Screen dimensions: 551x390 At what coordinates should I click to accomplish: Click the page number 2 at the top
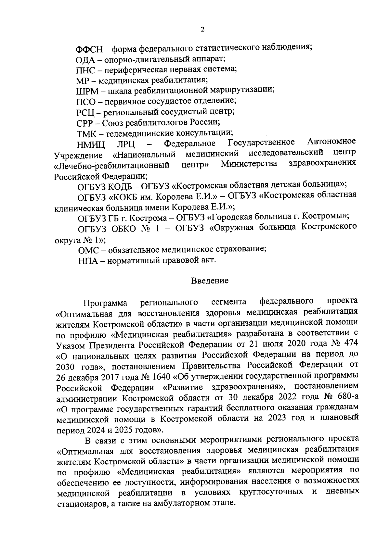202,30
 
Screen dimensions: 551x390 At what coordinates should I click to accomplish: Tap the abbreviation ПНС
86,70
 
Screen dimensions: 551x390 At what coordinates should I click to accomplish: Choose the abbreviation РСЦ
85,113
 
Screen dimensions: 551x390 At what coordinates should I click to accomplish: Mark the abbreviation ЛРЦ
126,144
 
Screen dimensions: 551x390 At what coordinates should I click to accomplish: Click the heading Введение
210,281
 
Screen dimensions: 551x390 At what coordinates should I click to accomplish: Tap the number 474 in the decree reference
349,344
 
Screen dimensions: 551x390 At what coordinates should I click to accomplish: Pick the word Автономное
331,142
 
